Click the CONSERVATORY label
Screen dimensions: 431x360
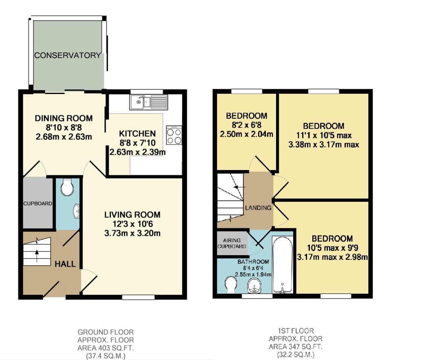point(68,55)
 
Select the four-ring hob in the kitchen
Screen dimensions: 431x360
point(174,135)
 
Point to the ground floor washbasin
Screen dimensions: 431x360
point(76,212)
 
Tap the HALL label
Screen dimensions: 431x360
point(65,264)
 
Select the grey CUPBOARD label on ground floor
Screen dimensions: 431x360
point(38,203)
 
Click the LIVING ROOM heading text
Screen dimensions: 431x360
point(132,214)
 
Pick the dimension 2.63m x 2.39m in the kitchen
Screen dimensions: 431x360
point(137,152)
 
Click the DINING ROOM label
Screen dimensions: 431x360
point(64,119)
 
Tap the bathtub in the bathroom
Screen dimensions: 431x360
point(282,264)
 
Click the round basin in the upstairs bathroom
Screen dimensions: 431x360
point(254,286)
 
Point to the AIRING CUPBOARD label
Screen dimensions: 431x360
point(232,243)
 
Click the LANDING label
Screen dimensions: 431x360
point(258,208)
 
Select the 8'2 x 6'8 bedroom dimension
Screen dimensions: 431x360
point(247,125)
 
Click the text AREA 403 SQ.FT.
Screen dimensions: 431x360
point(106,348)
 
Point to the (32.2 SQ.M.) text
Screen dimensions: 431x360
point(296,355)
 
